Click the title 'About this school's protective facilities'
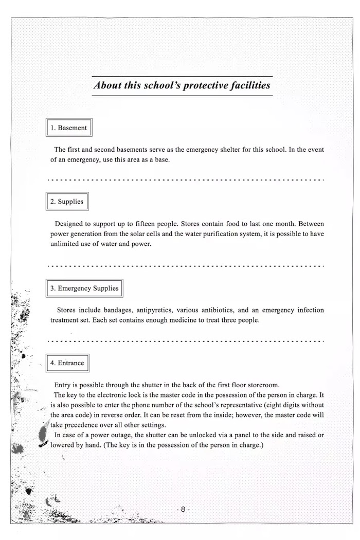point(182,85)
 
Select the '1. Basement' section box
point(69,128)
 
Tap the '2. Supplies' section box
point(67,202)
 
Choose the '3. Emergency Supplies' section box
point(84,289)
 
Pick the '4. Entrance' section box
point(67,363)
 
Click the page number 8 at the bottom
point(183,509)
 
